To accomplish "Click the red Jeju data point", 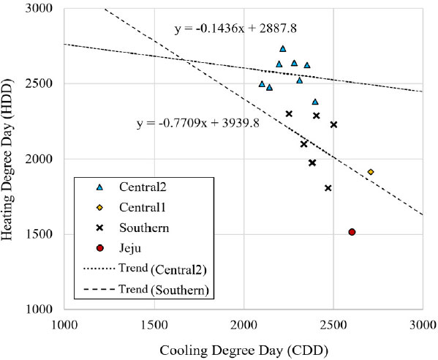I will pyautogui.click(x=352, y=232).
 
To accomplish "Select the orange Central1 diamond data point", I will pyautogui.click(x=371, y=172).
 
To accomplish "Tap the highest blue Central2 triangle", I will pyautogui.click(x=283, y=49).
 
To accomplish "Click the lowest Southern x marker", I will pyautogui.click(x=328, y=188).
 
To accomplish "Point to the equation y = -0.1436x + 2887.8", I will pyautogui.click(x=235, y=29).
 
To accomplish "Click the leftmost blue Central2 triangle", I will pyautogui.click(x=263, y=84).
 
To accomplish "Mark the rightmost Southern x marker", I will pyautogui.click(x=333, y=124).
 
